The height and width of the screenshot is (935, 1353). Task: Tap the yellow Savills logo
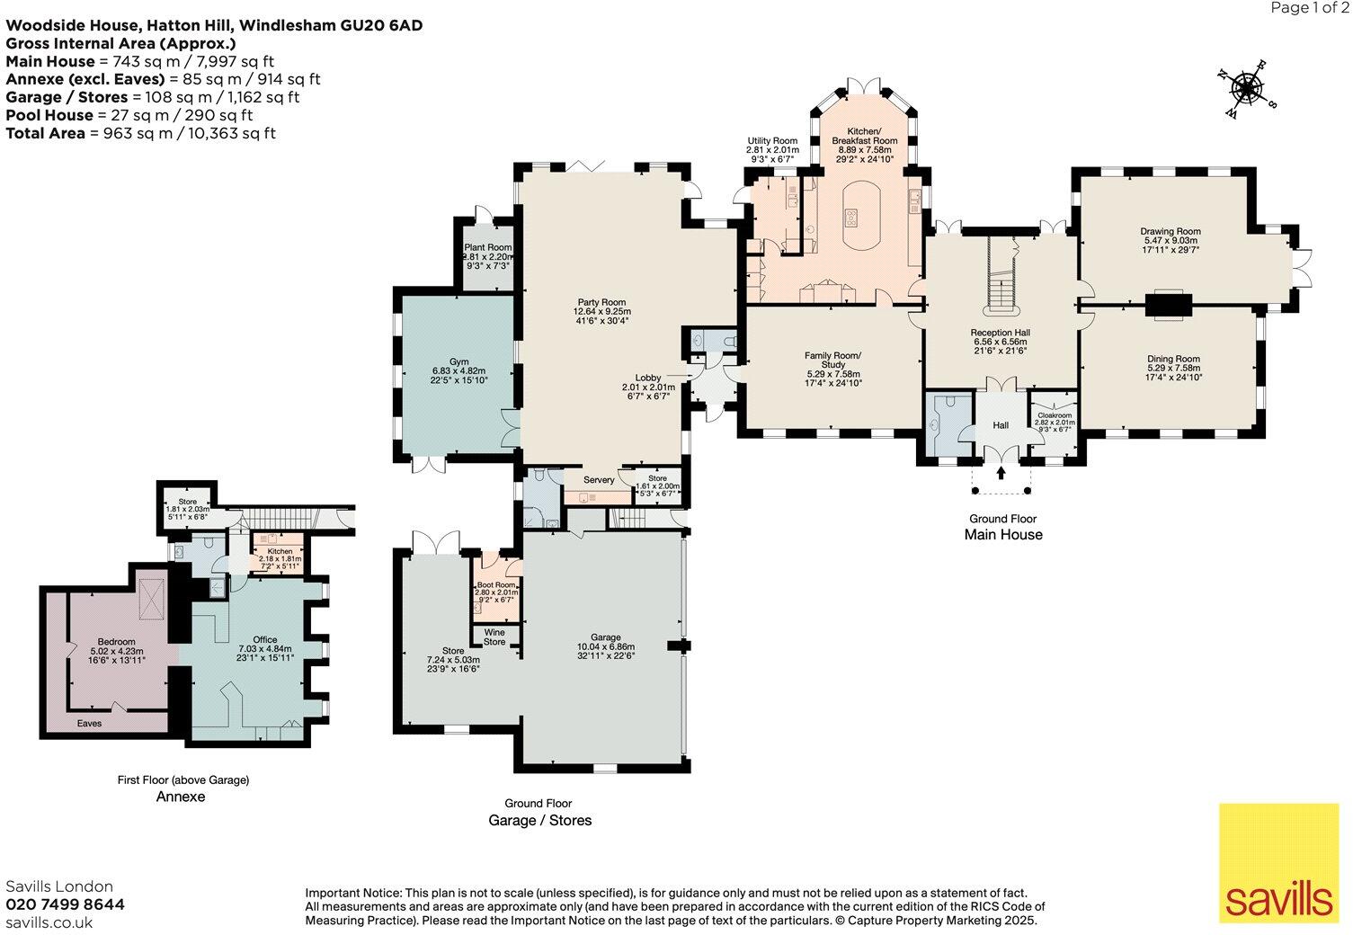tap(1278, 862)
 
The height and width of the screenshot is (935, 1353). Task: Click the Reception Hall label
tap(1001, 333)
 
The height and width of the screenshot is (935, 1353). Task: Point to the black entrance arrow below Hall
tap(1001, 472)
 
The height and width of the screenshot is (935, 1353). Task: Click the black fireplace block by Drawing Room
tap(1170, 305)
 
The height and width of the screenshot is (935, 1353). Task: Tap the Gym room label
tap(459, 361)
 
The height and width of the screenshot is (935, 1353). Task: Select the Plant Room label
tap(488, 247)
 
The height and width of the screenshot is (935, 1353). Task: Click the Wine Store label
tap(494, 637)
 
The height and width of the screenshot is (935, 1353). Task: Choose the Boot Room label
tap(496, 584)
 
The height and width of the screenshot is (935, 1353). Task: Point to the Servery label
tap(599, 480)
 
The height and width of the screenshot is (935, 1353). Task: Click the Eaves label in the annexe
tap(89, 723)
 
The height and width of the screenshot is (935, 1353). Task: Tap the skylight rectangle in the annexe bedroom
tap(151, 598)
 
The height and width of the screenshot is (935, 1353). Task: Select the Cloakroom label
tap(1055, 415)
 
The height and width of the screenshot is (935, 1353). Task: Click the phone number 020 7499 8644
tap(66, 904)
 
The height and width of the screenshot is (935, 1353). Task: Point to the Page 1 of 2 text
tap(1308, 7)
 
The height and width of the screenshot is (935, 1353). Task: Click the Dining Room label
tap(1173, 359)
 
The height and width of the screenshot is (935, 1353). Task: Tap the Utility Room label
tap(772, 141)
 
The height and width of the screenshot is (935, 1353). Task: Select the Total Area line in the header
tap(141, 133)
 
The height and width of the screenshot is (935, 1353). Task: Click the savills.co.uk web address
tap(49, 922)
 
